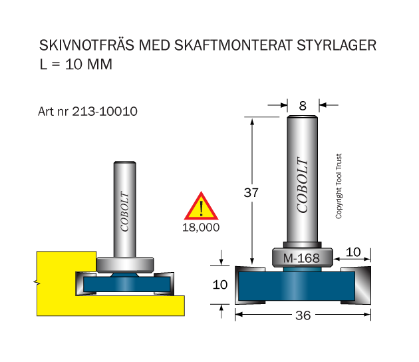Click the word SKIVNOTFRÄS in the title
click(86, 45)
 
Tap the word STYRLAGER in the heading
click(337, 45)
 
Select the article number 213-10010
click(105, 112)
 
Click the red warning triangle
click(202, 206)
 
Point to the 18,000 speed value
click(201, 228)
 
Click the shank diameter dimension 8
click(303, 106)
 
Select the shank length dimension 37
click(251, 192)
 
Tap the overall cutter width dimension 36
click(303, 315)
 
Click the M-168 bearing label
click(301, 258)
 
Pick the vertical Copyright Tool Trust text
click(339, 186)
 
